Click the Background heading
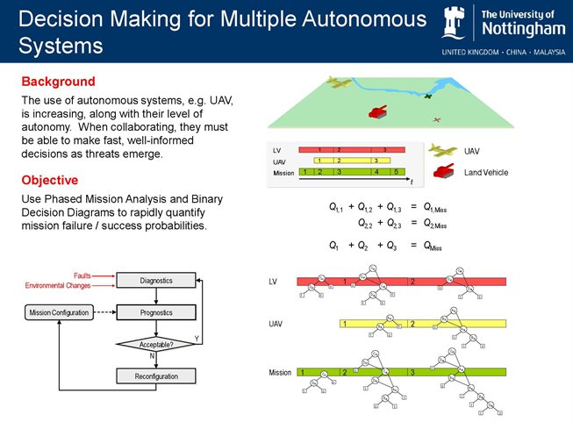(58, 82)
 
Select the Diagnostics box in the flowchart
(155, 280)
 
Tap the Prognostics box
(155, 312)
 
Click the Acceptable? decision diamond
(155, 344)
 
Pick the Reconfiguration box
(155, 376)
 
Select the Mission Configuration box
(58, 312)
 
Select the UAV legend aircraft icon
(443, 151)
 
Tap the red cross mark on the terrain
(437, 119)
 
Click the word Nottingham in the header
(522, 31)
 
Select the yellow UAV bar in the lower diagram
(421, 324)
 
